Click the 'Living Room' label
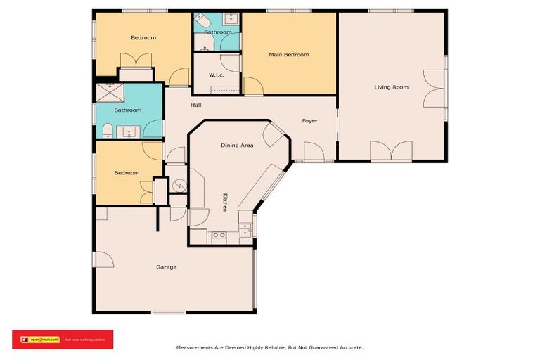click(x=391, y=87)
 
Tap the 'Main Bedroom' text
click(x=288, y=54)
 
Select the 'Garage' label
click(x=166, y=267)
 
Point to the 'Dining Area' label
click(x=237, y=145)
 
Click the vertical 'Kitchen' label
click(x=225, y=202)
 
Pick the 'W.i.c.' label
click(x=217, y=75)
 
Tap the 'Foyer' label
click(x=309, y=121)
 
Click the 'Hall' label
click(x=196, y=105)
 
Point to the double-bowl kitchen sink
click(x=219, y=235)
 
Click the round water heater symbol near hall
click(x=179, y=186)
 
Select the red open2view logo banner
click(x=62, y=339)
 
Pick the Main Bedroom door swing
click(x=253, y=86)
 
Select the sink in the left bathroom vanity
click(x=129, y=131)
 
